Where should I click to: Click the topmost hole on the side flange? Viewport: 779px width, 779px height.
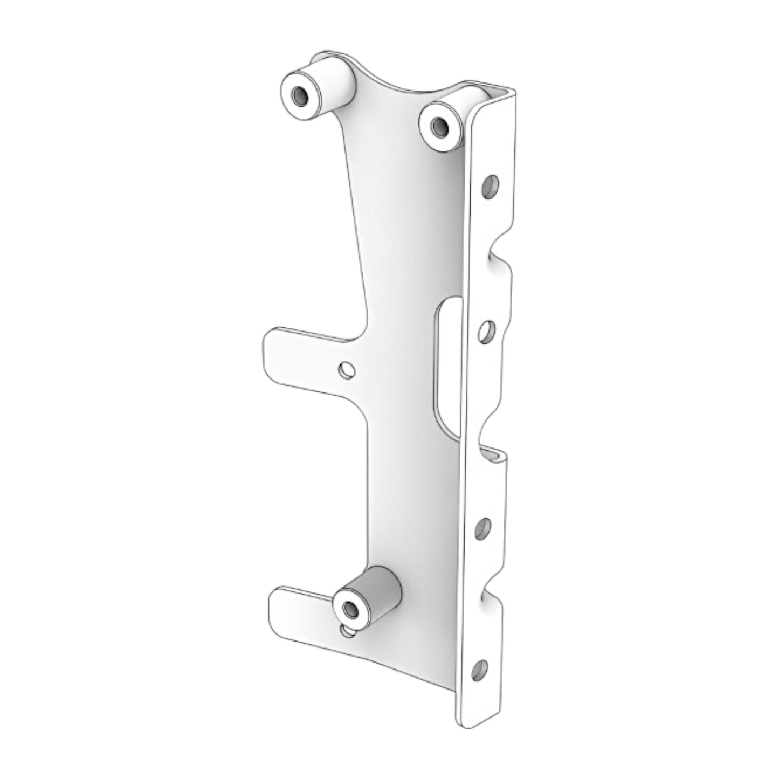pos(490,186)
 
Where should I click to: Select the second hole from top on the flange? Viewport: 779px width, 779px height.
pos(487,332)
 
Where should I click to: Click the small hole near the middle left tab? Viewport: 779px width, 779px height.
pos(346,370)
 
